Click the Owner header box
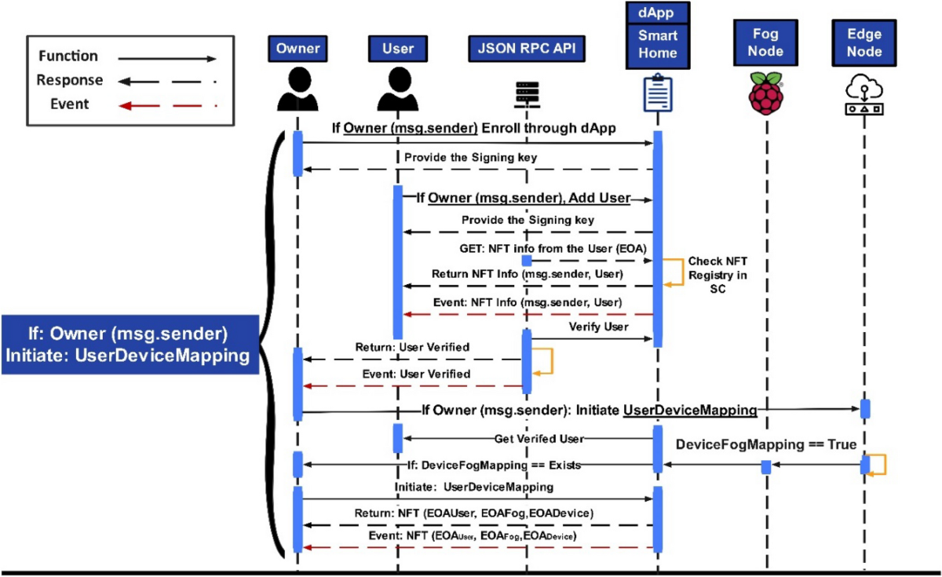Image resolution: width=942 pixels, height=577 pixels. (298, 49)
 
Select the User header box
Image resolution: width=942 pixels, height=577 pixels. (397, 49)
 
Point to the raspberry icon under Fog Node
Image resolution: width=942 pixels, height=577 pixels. (765, 92)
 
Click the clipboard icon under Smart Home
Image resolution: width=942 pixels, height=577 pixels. (657, 94)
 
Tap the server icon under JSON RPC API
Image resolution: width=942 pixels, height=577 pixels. (523, 94)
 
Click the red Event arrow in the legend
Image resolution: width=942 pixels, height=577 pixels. (166, 104)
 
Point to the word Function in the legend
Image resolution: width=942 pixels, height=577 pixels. (68, 57)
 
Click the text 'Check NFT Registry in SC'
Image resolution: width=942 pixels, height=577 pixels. (717, 275)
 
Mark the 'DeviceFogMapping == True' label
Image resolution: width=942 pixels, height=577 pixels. (766, 444)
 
